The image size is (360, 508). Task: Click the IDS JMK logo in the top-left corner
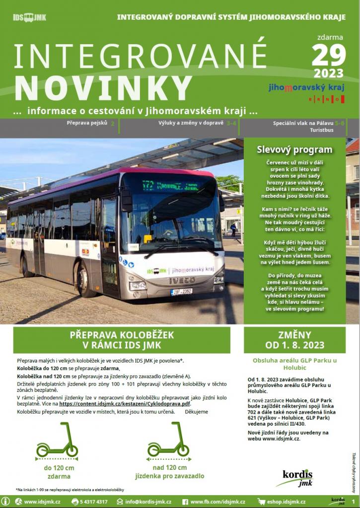click(x=29, y=17)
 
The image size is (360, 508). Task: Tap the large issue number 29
click(x=328, y=55)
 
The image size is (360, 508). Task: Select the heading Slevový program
click(x=294, y=149)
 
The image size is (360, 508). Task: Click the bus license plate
click(x=182, y=291)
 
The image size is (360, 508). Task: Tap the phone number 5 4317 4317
click(x=93, y=502)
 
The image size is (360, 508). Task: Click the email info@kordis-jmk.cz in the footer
click(x=148, y=502)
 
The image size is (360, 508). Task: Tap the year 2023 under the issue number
click(x=328, y=73)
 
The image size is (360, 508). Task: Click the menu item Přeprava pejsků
click(x=87, y=123)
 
